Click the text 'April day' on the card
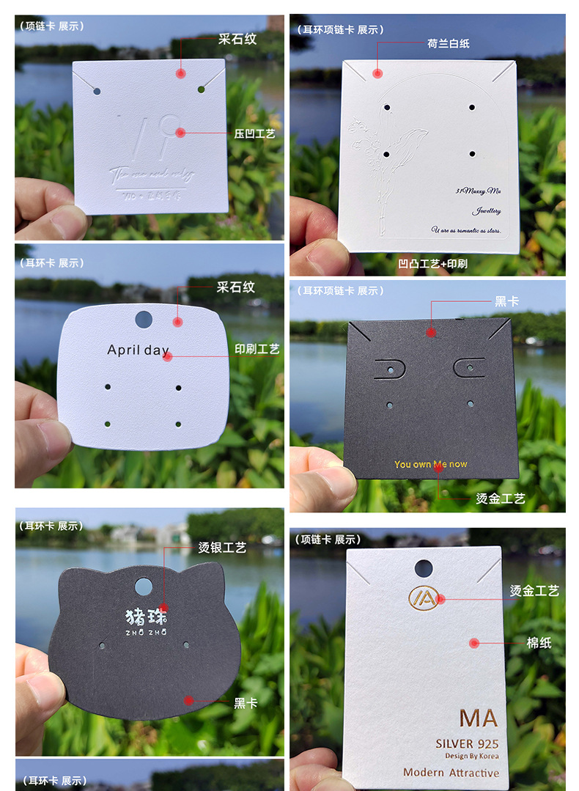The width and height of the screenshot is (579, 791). pos(138,350)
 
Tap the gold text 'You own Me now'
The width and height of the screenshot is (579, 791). pos(430,464)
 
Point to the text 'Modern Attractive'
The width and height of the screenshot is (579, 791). pos(451,773)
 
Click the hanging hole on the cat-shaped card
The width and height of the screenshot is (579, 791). pos(144,586)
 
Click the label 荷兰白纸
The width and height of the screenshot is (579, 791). pos(448,43)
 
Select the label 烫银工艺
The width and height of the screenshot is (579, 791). pos(222,548)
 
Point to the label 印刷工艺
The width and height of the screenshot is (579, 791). pos(257,350)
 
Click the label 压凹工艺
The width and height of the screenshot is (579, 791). pos(254,134)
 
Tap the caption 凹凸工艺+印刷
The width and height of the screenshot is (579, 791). pos(432,263)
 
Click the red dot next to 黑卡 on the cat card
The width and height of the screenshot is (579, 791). pos(189,701)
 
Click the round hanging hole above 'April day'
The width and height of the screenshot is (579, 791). pos(144,319)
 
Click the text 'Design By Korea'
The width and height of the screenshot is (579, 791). pos(471,756)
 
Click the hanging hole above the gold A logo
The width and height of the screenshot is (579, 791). pos(424,568)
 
